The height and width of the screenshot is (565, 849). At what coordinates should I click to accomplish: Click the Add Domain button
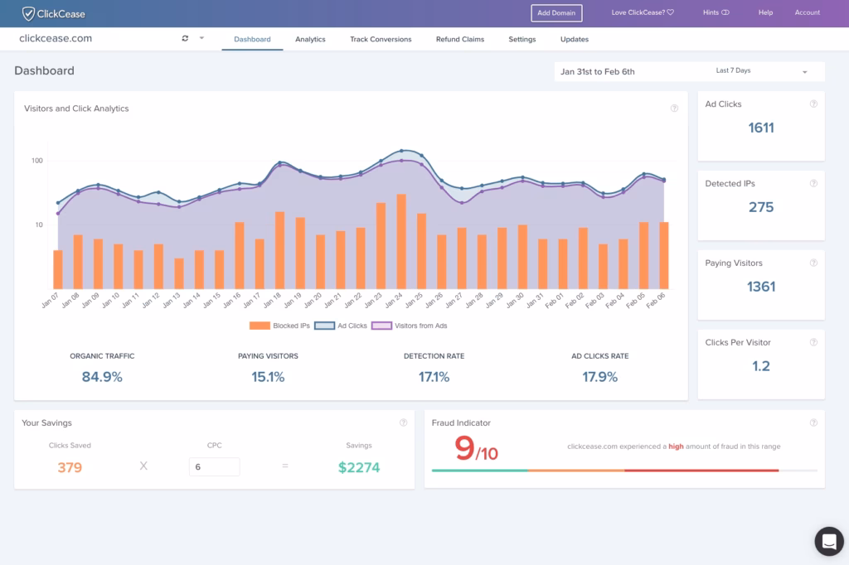point(556,12)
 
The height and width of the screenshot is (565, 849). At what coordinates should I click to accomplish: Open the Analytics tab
point(310,39)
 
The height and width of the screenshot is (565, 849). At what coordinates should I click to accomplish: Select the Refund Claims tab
point(459,39)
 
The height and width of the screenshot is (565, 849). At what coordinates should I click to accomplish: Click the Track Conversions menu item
point(381,39)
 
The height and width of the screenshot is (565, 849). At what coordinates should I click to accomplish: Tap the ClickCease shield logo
point(28,13)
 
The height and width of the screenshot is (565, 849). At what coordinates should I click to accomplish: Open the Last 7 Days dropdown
point(761,71)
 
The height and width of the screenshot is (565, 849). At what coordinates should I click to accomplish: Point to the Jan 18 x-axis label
point(276,301)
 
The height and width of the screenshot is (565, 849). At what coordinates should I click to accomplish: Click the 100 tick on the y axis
point(37,161)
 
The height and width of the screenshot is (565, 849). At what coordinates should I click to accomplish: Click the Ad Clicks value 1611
point(760,128)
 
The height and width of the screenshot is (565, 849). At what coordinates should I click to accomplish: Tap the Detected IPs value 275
point(760,207)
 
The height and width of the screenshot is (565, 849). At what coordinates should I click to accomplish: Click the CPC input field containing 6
point(214,466)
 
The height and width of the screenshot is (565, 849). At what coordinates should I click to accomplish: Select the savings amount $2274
point(359,467)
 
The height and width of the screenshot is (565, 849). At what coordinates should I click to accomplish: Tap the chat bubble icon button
point(828,541)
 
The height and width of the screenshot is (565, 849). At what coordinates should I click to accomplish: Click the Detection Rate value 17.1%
point(434,377)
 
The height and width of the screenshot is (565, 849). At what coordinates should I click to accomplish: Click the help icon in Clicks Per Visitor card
point(813,343)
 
